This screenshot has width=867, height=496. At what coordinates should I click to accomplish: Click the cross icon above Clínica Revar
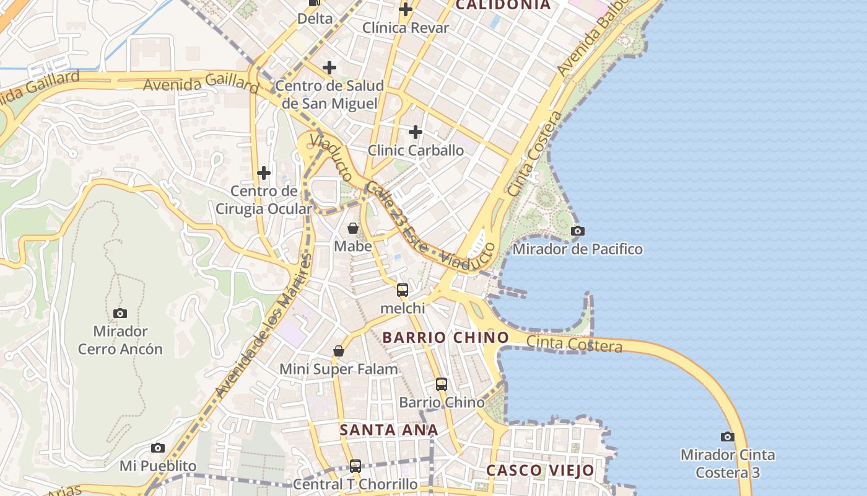(406, 9)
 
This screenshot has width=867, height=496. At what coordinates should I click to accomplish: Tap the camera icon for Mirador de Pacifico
(577, 231)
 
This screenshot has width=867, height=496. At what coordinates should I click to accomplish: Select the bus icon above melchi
(403, 290)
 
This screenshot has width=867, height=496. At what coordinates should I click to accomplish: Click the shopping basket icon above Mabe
(353, 228)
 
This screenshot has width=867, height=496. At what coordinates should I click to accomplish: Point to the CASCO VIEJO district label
(540, 470)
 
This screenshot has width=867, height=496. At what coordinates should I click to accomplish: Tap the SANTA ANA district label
(389, 430)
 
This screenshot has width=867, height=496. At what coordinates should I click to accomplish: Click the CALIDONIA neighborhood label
(503, 5)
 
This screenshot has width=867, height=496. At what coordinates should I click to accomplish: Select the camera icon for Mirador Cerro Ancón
(120, 313)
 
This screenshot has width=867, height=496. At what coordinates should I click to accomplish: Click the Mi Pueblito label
(158, 466)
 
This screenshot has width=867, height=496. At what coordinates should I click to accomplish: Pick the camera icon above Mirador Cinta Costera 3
(728, 436)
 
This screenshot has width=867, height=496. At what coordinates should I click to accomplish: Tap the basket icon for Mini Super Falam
(339, 352)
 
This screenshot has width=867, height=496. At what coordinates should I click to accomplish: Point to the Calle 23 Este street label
(396, 217)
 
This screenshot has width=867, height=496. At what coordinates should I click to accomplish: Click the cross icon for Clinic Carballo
(416, 132)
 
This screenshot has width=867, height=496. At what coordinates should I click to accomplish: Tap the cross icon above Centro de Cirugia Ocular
(264, 172)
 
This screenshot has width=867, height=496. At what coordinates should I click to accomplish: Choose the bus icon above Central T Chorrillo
(355, 466)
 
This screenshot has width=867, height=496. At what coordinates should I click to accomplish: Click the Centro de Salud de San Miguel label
(329, 94)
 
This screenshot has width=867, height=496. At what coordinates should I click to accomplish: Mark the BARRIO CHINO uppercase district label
(445, 338)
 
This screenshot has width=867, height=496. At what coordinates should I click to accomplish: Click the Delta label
(315, 19)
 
